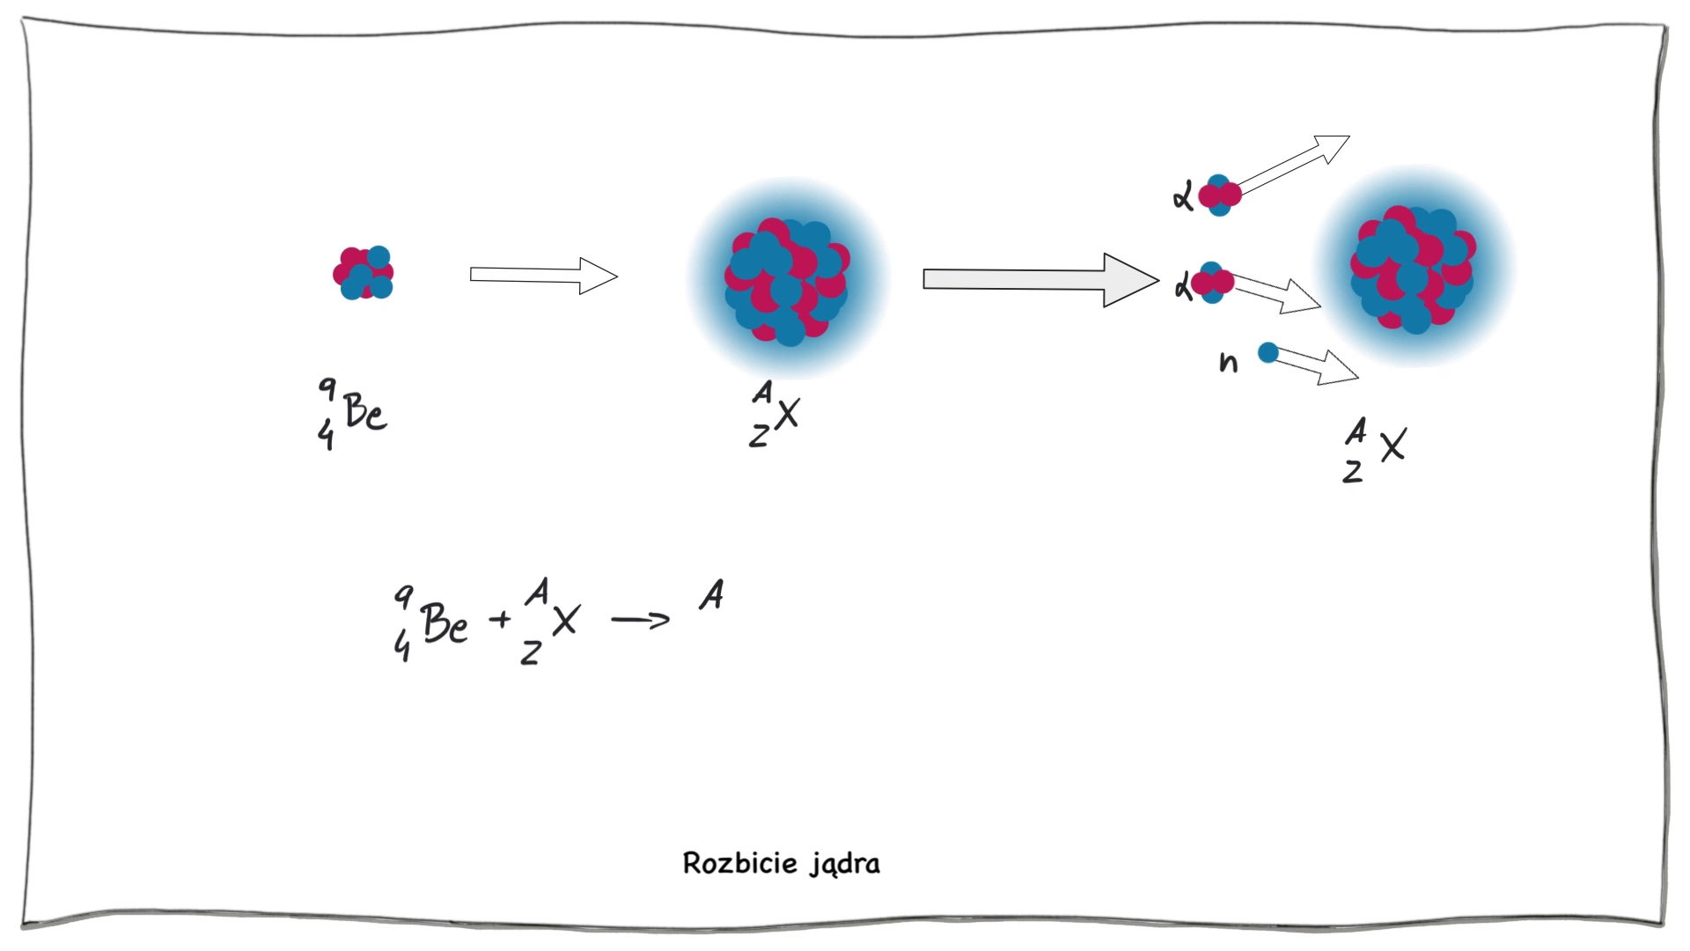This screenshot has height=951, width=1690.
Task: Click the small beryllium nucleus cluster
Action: point(363,273)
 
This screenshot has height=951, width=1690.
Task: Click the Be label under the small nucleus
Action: point(364,412)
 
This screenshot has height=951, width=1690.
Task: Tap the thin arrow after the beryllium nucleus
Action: point(543,276)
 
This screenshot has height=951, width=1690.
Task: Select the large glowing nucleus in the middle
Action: point(788,280)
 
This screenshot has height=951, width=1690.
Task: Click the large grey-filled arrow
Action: point(1039,280)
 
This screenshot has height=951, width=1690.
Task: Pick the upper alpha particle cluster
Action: point(1219,195)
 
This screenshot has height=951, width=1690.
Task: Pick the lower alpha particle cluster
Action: point(1213,283)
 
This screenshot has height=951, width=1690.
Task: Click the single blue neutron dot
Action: point(1267,353)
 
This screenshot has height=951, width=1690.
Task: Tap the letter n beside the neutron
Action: point(1229,362)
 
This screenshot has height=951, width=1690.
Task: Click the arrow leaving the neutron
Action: point(1315,364)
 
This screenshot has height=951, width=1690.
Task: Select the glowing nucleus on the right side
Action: point(1413,267)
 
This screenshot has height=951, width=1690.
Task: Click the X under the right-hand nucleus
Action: point(1392,446)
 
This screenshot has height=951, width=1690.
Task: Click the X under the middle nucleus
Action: point(787,412)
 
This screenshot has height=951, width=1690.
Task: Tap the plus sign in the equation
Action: point(500,619)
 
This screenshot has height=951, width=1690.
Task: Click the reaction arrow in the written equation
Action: point(640,621)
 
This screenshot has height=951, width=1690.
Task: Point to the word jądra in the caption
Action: point(846,865)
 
